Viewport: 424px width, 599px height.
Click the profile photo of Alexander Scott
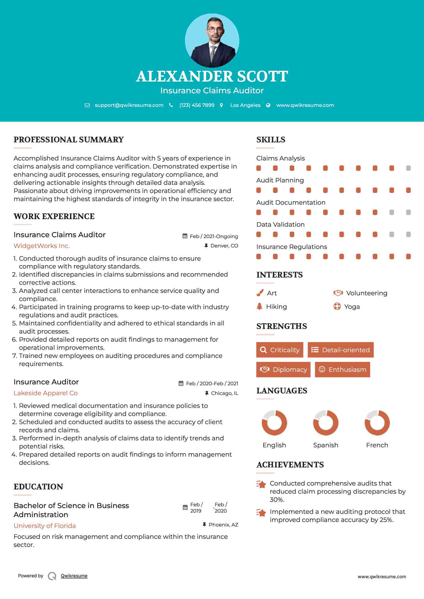(212, 40)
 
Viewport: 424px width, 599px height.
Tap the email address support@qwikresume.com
(129, 105)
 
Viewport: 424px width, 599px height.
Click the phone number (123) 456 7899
(197, 105)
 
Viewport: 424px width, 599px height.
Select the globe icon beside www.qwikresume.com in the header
(268, 105)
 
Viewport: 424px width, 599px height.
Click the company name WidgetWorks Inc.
(42, 246)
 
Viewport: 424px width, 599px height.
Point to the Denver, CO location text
(224, 246)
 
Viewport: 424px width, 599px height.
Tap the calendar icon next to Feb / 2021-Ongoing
(185, 236)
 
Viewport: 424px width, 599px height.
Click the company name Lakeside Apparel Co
(46, 393)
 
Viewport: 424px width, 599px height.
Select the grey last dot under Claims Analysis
(408, 168)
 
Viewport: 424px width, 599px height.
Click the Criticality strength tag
(280, 350)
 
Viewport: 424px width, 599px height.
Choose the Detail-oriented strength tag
(341, 350)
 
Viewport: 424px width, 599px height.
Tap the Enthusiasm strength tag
(342, 369)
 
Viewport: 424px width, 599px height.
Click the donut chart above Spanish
(325, 423)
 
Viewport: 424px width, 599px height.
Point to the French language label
(377, 445)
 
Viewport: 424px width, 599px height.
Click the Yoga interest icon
(337, 306)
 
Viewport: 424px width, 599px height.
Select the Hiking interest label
(276, 307)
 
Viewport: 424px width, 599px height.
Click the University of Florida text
(45, 526)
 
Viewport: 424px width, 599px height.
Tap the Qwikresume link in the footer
(74, 576)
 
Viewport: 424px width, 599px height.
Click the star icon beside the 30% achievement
(261, 484)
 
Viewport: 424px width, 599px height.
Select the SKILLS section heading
(271, 140)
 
